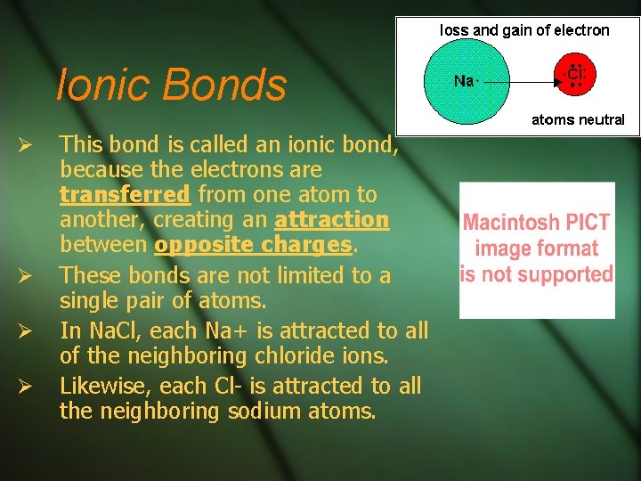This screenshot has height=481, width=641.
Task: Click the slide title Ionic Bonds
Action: tap(171, 86)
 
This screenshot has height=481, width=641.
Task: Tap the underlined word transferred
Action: tap(125, 195)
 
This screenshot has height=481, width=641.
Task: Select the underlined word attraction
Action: tap(332, 220)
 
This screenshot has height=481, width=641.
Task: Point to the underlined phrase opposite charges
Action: tap(253, 245)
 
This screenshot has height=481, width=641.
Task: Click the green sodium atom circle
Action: tap(467, 81)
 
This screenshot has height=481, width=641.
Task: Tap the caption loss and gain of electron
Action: tap(524, 30)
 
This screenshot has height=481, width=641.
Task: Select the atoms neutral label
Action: tap(578, 119)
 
